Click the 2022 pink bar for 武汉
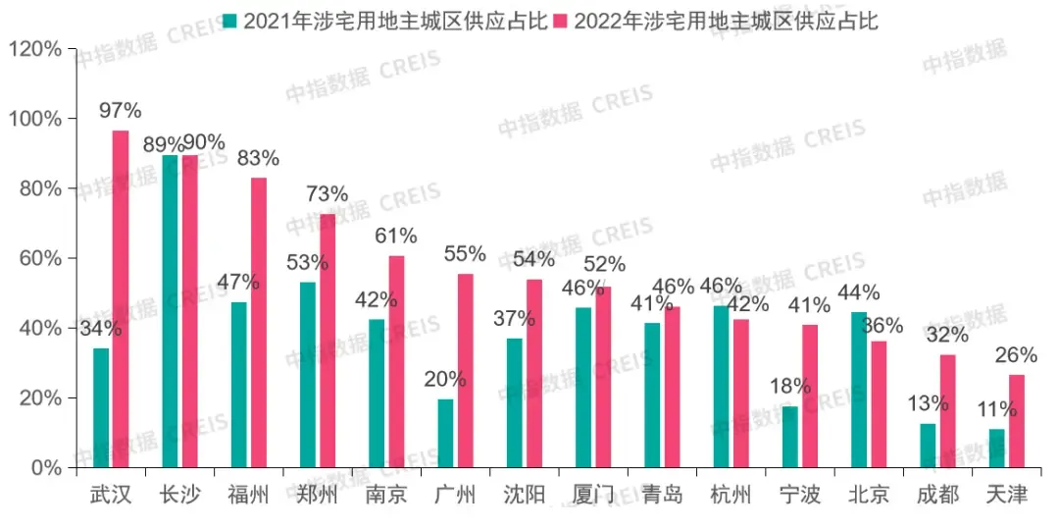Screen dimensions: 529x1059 (x=121, y=299)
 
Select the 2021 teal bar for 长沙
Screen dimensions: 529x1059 (x=170, y=311)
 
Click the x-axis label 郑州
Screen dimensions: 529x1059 (x=317, y=495)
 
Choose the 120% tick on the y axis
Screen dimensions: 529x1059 (x=35, y=49)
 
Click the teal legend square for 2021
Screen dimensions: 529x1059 (x=229, y=21)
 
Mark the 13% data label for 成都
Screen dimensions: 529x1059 (x=928, y=403)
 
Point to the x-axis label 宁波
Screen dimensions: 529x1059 (x=799, y=495)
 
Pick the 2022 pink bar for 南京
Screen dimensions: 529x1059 (x=396, y=361)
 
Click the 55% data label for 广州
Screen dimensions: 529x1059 (x=465, y=253)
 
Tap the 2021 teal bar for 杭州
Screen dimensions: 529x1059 (x=721, y=387)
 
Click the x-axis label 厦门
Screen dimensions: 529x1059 (x=592, y=495)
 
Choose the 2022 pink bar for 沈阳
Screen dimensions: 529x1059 (x=534, y=373)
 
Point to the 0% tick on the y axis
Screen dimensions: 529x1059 (x=45, y=468)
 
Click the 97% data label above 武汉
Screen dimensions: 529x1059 (x=121, y=110)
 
